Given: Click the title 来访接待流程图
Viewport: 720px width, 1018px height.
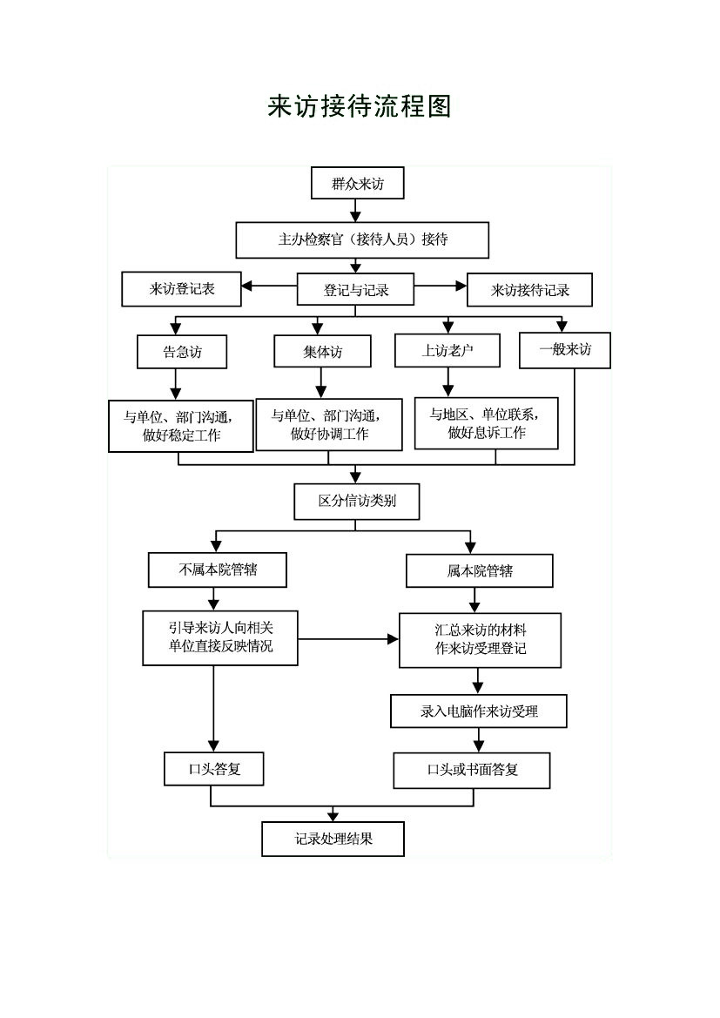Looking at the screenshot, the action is point(359,106).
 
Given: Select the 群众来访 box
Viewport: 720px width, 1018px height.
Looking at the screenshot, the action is point(358,183).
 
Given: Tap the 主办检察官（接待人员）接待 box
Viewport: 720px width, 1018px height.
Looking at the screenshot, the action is point(362,240).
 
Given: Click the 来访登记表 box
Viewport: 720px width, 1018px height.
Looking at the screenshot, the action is point(181,289).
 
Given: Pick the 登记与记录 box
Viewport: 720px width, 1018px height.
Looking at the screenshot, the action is point(355,290).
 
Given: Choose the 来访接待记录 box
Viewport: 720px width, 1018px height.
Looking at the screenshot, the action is point(530,290).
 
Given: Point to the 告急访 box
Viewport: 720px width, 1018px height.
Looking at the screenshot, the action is point(182,352).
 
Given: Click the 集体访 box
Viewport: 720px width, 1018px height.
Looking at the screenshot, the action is point(323,351).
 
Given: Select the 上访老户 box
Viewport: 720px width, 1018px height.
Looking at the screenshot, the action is point(447,351).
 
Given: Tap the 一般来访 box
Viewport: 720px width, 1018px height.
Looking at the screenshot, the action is point(565,350).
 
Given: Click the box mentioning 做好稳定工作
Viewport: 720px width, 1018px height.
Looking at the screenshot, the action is point(180,426).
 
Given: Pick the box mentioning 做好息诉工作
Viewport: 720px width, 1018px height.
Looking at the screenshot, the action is point(487,423).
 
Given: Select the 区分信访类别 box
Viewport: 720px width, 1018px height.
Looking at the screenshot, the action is point(356,502).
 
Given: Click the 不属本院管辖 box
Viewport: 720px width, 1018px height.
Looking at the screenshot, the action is point(218,570).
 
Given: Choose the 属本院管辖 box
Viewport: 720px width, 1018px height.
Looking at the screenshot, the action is point(480,570).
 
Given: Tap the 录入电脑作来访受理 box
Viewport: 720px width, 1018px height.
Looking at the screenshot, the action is point(479,711).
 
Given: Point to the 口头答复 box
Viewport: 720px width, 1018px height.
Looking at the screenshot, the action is point(213,769).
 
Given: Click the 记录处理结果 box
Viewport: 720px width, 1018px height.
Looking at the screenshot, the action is point(333,839).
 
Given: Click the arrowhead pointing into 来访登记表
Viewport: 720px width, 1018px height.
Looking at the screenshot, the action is point(246,286).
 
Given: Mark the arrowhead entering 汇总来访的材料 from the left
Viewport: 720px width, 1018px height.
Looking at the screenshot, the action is point(393,639).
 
